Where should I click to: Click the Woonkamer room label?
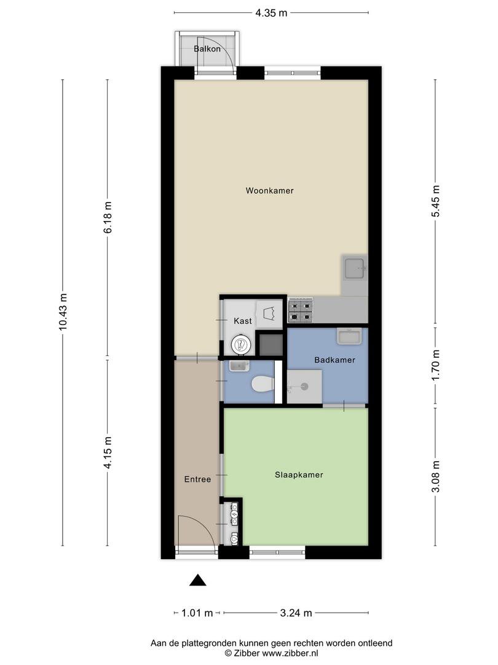[269, 191]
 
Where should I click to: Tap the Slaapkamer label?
[298, 475]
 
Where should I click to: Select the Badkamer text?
[334, 360]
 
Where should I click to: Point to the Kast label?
[242, 321]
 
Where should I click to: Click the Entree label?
[197, 480]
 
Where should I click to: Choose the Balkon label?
[207, 48]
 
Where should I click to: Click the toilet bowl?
[263, 385]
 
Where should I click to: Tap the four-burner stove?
[301, 310]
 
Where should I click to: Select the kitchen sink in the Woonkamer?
[355, 270]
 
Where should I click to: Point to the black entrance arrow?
[197, 580]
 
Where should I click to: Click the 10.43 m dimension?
[63, 313]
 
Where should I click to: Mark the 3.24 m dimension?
[296, 613]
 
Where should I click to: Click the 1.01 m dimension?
[197, 613]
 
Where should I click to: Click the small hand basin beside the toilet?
[237, 367]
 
